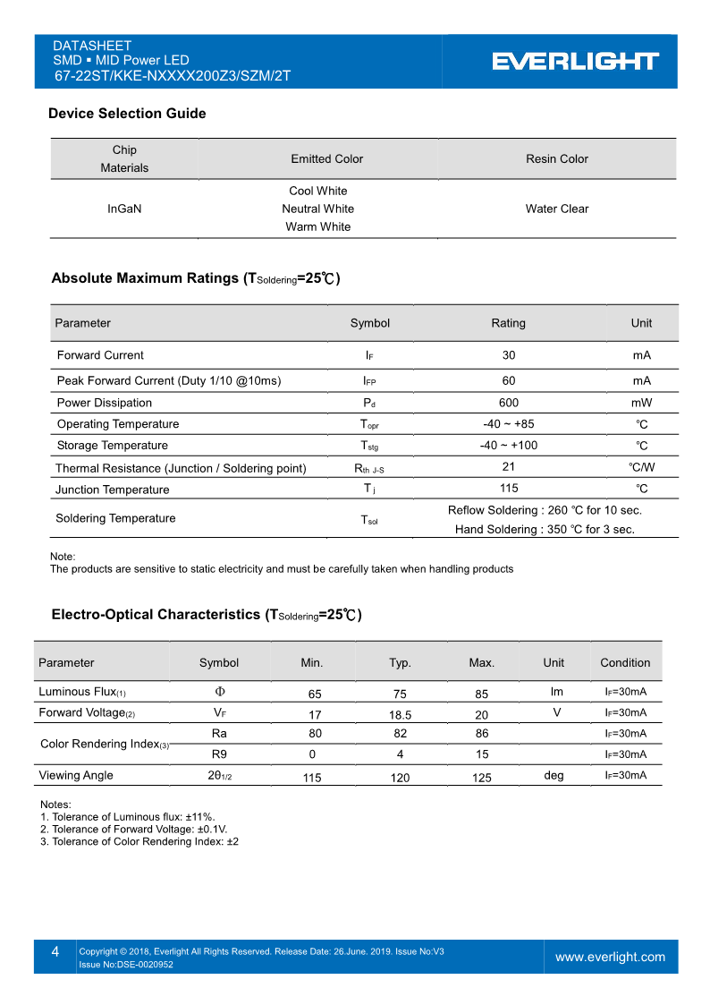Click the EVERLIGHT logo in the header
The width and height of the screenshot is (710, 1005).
[x=575, y=61]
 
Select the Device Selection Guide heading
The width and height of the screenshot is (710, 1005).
[x=127, y=114]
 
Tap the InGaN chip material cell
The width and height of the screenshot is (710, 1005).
[x=124, y=209]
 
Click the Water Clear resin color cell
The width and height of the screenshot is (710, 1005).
[x=556, y=209]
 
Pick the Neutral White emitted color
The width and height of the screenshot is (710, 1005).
[x=317, y=209]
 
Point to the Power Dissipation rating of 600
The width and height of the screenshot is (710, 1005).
[x=508, y=403]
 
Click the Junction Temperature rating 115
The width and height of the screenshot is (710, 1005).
[x=508, y=489]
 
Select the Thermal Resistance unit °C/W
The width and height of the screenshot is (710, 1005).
[x=641, y=467]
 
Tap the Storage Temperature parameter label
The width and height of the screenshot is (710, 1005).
[x=112, y=446]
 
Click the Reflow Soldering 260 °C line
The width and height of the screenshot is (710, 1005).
[x=545, y=510]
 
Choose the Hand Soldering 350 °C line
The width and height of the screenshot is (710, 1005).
[x=545, y=530]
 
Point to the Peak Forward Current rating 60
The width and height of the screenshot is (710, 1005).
[x=508, y=380]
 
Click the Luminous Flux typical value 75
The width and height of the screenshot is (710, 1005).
[x=400, y=694]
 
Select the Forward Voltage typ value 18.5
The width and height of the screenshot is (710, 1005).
[x=400, y=715]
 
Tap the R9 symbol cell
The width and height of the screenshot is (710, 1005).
[x=219, y=754]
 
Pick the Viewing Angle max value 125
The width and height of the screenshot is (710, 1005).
[x=481, y=778]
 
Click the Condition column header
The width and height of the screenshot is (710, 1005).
[x=625, y=663]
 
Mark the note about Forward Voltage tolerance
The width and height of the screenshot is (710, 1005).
[x=134, y=830]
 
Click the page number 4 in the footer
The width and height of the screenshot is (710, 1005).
[x=55, y=952]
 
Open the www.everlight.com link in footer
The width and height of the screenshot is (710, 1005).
[x=610, y=957]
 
